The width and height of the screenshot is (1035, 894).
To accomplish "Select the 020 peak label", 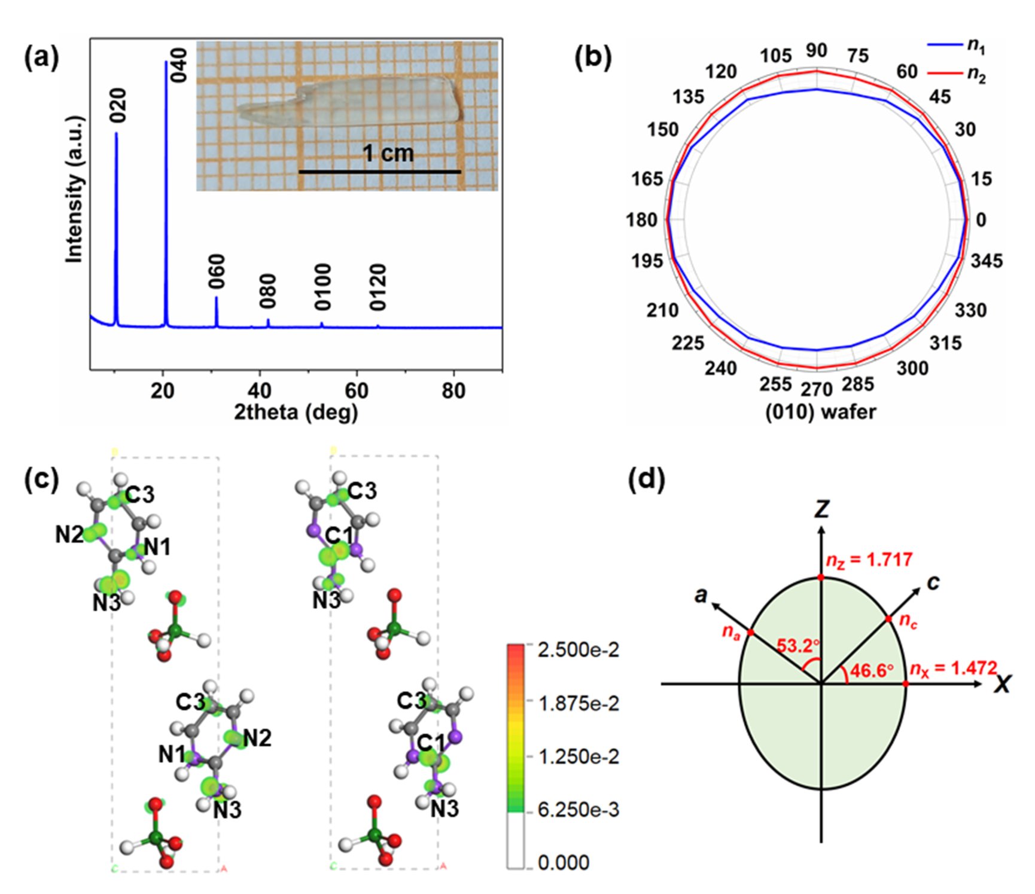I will click(119, 105).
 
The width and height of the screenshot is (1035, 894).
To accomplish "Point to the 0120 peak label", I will click(378, 287).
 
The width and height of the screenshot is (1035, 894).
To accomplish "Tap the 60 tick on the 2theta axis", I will click(357, 390).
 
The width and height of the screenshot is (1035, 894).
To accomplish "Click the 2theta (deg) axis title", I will click(296, 412).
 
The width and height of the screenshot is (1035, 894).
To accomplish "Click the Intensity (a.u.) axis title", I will click(74, 189).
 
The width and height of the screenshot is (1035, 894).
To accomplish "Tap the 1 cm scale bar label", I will click(388, 154).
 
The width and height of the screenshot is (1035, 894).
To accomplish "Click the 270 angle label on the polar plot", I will click(817, 390).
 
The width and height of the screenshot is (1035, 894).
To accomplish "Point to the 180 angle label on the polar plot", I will click(641, 220).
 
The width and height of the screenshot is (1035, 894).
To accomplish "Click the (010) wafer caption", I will click(821, 412).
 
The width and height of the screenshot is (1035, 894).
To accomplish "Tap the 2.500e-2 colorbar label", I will click(578, 649).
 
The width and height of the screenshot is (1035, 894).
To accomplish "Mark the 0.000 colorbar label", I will click(564, 862).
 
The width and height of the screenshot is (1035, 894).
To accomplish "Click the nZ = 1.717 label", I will click(869, 560).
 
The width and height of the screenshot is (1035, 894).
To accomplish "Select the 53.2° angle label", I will click(797, 646).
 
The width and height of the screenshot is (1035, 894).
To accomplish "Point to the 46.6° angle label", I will click(872, 670).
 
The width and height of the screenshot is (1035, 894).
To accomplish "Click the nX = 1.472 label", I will click(952, 669).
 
